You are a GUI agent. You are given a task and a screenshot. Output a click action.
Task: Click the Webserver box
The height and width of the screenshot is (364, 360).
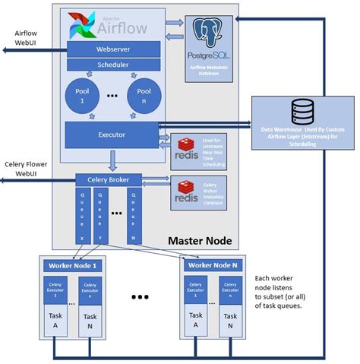[x=112, y=49]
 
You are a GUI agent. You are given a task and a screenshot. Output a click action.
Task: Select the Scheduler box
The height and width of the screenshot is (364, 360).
[x=112, y=65]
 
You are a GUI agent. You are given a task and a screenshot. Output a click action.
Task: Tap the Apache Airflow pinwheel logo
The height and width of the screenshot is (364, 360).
[x=81, y=26]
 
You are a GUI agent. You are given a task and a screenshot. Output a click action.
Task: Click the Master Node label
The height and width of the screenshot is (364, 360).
[x=199, y=241]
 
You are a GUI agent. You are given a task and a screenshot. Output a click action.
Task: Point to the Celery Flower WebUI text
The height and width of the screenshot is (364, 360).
[x=26, y=168]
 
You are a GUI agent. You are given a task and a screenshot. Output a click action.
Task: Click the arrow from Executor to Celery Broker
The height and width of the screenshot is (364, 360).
[x=112, y=160]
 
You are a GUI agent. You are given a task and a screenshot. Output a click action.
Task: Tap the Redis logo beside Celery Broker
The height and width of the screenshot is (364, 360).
[x=186, y=189]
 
